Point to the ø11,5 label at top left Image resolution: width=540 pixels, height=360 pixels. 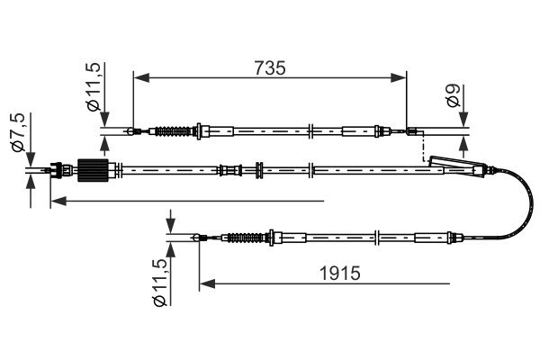tap(93, 87)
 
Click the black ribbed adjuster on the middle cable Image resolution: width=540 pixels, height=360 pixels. tap(93, 169)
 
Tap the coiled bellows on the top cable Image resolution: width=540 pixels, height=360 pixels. tap(174, 132)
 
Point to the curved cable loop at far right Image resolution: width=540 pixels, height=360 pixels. tap(524, 202)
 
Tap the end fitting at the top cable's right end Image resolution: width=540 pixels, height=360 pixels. tap(411, 133)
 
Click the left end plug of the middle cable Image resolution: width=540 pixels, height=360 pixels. tap(60, 168)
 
